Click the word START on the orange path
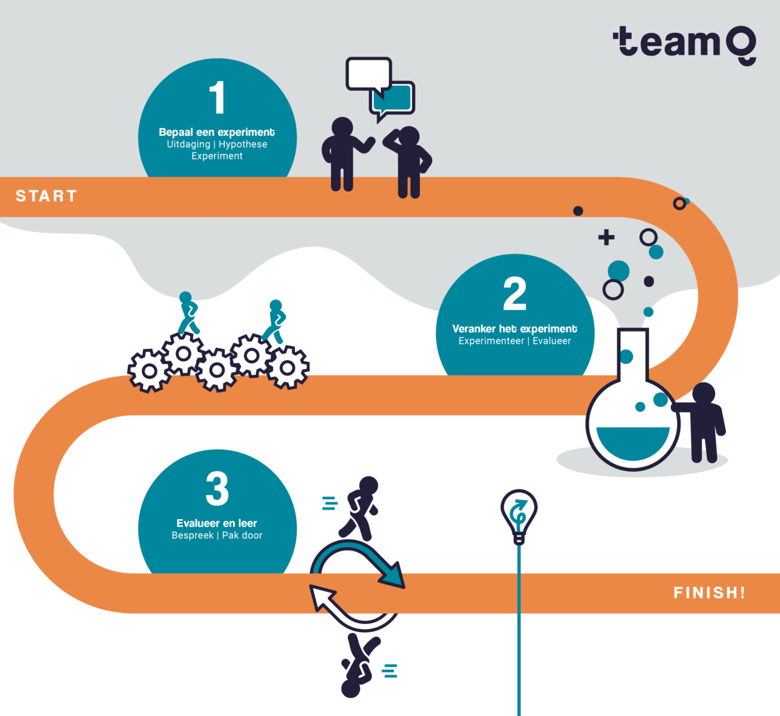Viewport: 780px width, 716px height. coord(46,196)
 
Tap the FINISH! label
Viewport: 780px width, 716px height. coord(709,593)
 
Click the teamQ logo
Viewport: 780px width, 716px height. coord(684,44)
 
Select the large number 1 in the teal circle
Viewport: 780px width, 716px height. coord(217,98)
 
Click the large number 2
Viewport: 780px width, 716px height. coord(515,294)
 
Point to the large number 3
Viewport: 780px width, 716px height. coord(217,489)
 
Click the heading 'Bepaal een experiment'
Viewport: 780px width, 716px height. coord(217,132)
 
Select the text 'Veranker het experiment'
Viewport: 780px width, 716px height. coord(515,329)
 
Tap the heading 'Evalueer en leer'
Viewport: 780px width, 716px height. coord(217,523)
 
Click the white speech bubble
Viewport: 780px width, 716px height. coord(368,74)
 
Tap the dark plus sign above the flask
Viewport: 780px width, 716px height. coord(606,237)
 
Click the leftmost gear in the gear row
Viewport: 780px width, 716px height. coord(149,370)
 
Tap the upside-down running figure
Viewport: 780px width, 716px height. coord(360,664)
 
